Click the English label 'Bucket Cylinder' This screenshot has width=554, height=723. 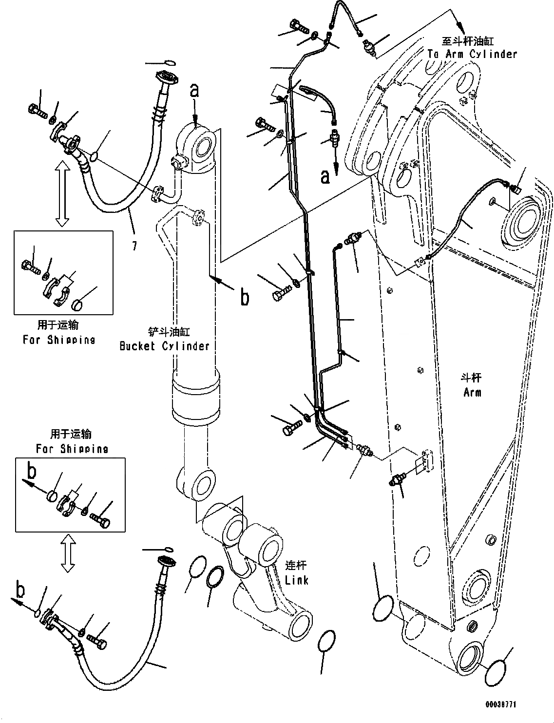(x=164, y=346)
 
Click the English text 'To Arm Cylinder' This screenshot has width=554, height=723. (x=472, y=54)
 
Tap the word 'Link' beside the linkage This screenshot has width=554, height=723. (x=297, y=580)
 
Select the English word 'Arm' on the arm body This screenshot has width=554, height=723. (x=472, y=392)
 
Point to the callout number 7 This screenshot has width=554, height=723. (x=134, y=247)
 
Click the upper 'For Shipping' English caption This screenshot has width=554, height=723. (x=59, y=340)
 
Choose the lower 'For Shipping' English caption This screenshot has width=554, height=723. (x=72, y=448)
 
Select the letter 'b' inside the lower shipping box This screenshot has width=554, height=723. (x=32, y=471)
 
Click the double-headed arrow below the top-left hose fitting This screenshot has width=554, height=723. (x=61, y=194)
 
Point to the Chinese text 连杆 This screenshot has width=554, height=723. (x=296, y=566)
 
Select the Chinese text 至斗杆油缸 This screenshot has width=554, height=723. (x=472, y=42)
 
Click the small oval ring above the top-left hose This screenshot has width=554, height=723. (x=169, y=62)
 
